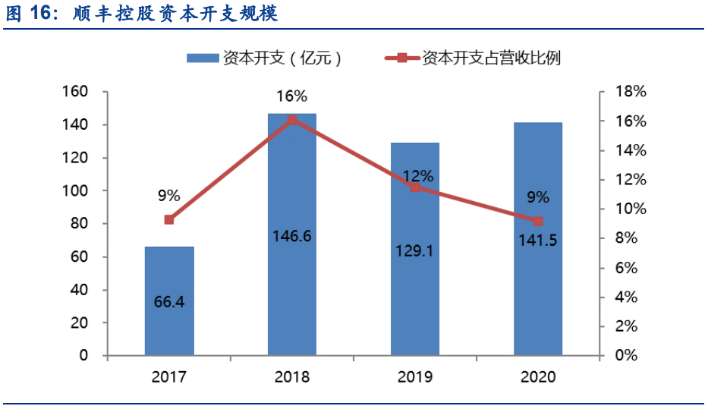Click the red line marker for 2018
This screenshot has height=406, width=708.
[292, 120]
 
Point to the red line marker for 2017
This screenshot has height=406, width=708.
[169, 220]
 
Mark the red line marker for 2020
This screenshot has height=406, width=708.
[538, 221]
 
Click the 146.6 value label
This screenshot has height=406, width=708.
[292, 236]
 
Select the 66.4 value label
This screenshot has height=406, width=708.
[169, 302]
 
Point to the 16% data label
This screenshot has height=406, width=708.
[292, 96]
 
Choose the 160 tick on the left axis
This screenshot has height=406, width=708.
[76, 92]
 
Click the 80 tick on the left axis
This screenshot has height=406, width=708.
[80, 224]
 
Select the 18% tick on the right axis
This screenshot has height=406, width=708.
[631, 92]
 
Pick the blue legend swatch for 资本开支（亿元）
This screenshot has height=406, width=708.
[203, 58]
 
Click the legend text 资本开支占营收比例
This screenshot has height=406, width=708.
[491, 58]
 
